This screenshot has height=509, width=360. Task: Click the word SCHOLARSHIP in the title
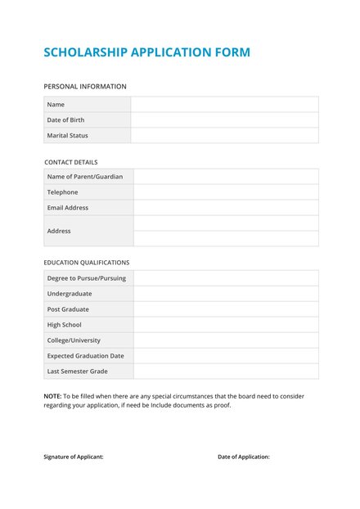click(x=85, y=52)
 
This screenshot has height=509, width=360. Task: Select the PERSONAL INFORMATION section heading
click(x=85, y=86)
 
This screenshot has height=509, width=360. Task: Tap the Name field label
click(x=56, y=105)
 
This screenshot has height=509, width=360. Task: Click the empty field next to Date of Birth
click(x=224, y=120)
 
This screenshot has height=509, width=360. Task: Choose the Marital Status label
click(x=67, y=136)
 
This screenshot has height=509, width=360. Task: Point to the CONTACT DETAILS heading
click(x=70, y=162)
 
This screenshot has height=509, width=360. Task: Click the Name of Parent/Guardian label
click(x=85, y=177)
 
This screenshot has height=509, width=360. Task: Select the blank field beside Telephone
click(x=226, y=192)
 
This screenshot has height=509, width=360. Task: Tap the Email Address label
click(x=67, y=208)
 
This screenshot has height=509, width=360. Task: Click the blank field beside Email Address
click(x=226, y=208)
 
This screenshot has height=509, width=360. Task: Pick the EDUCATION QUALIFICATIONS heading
click(x=87, y=263)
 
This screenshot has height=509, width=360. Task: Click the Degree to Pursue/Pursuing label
click(x=86, y=278)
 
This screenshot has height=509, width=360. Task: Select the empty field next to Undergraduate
click(x=226, y=294)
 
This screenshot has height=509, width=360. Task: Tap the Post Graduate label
click(x=68, y=309)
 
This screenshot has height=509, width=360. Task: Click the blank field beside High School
click(x=226, y=325)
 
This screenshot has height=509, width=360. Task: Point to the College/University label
click(x=74, y=340)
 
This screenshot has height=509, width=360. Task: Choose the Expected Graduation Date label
click(x=85, y=356)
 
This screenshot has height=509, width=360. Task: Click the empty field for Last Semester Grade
click(x=226, y=372)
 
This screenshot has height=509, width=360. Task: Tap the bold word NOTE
click(x=52, y=396)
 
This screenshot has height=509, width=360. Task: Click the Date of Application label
click(x=244, y=457)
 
